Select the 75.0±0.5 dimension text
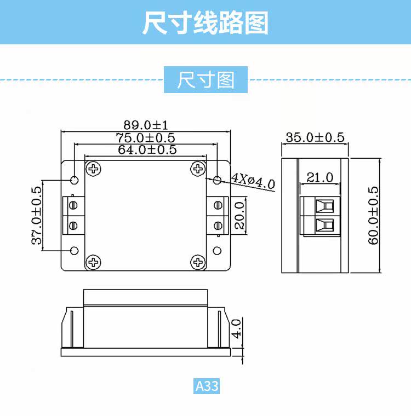(x=145, y=138)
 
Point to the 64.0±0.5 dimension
(x=147, y=149)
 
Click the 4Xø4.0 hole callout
(x=253, y=181)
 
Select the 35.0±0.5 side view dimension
(x=315, y=137)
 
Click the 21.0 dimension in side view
(x=320, y=177)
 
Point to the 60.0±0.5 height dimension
(x=374, y=216)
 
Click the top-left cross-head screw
(x=94, y=169)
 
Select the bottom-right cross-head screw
(x=197, y=263)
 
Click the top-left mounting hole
(x=75, y=180)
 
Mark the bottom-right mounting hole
(x=218, y=251)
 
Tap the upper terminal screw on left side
(x=73, y=205)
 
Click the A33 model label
(x=207, y=386)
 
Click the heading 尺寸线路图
(x=205, y=23)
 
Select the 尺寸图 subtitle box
(x=206, y=80)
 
